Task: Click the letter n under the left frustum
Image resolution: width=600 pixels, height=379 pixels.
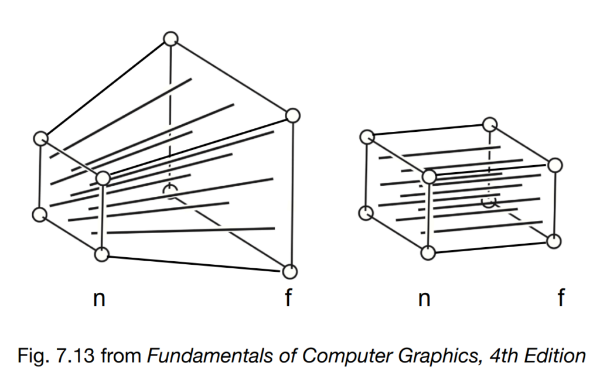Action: [x=99, y=298]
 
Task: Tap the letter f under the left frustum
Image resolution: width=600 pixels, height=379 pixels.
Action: [x=288, y=297]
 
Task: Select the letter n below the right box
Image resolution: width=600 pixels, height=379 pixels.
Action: [x=424, y=298]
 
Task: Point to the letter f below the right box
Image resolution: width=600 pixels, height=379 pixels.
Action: [x=561, y=297]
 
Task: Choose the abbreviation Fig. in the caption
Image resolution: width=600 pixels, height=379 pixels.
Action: [x=33, y=356]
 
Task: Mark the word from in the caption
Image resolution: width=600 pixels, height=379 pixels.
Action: [x=121, y=356]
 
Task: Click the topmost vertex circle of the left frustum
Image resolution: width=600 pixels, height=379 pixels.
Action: [x=171, y=39]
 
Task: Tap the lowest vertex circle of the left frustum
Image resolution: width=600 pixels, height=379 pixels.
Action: [x=289, y=272]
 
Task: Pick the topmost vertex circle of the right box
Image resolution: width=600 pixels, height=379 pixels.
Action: [x=490, y=125]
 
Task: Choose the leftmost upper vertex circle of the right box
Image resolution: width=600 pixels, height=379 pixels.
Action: [x=367, y=137]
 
